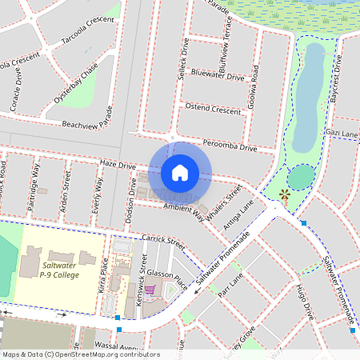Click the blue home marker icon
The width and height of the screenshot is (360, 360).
point(180,172)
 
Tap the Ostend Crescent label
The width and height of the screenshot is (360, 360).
point(212,109)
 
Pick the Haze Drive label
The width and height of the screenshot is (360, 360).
point(118,163)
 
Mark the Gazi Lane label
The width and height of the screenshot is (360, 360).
point(342,133)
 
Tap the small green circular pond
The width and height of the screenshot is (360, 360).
point(301,176)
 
